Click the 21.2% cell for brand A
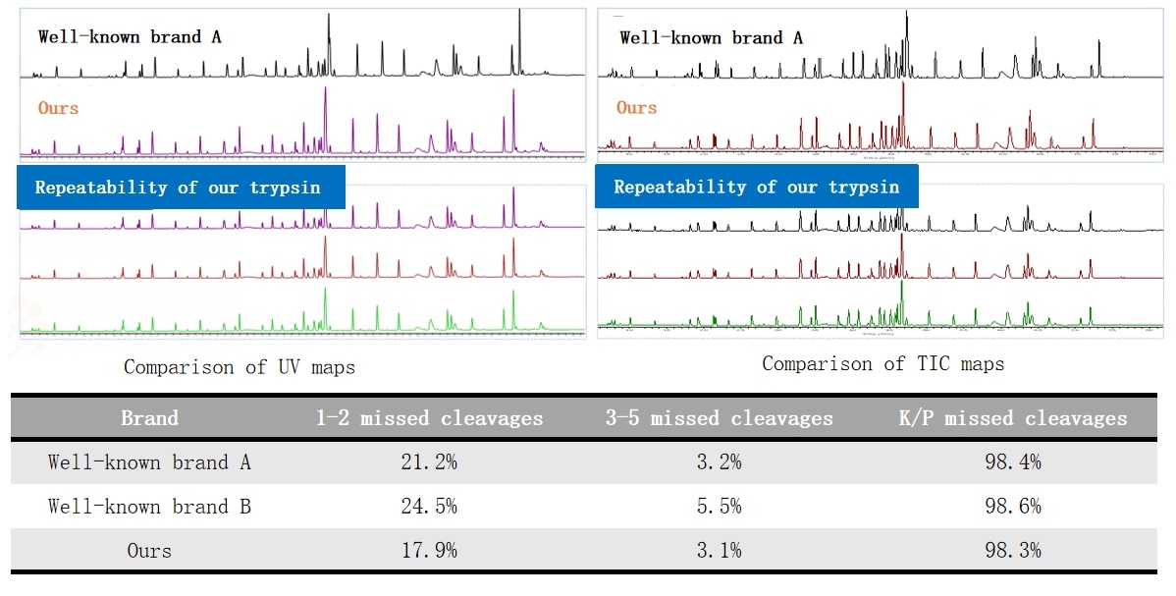coord(431,462)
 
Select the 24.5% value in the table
coord(431,507)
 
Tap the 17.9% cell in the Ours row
coord(431,551)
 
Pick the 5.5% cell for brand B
coord(720,507)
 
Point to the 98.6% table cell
coord(1013,507)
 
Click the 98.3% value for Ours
coord(1013,551)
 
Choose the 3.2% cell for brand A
coord(720,462)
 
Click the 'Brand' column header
coord(149,418)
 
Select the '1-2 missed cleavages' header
coord(429,418)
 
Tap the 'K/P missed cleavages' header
coord(1013,418)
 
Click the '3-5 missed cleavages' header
coord(720,418)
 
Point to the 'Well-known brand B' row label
coord(149,507)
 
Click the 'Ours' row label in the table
coord(149,551)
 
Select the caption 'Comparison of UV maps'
coord(240,367)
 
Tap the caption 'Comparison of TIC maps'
coord(883,364)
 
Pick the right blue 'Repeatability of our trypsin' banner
coord(757,187)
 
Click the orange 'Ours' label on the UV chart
coord(59,108)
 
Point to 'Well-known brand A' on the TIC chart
coord(712,38)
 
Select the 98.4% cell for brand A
coord(1013,462)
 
